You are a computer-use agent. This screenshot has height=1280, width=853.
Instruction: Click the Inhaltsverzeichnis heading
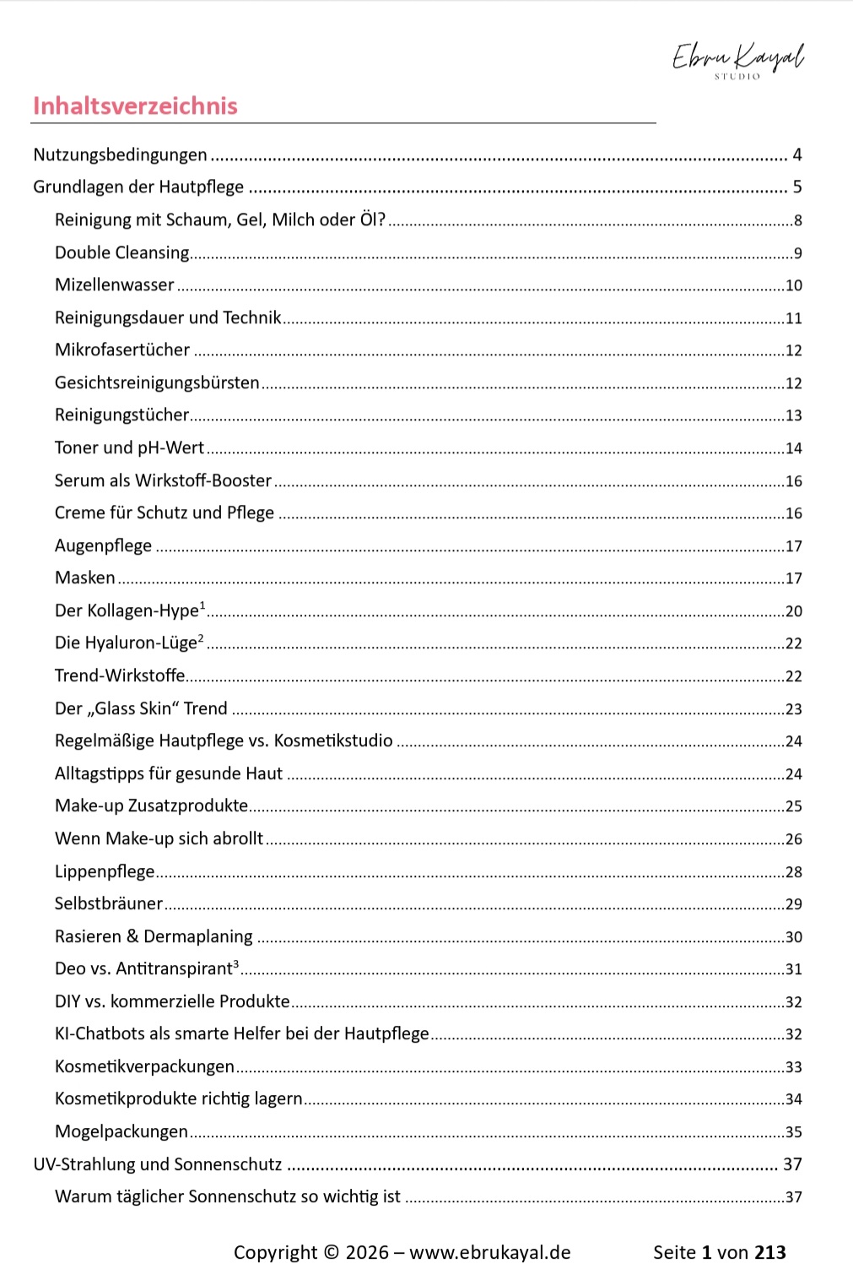pyautogui.click(x=135, y=106)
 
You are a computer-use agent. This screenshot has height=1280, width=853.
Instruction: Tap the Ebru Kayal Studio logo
pyautogui.click(x=737, y=60)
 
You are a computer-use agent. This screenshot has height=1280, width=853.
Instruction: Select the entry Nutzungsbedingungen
pyautogui.click(x=120, y=155)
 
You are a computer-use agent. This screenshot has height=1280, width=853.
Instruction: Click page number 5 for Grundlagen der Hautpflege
pyautogui.click(x=796, y=187)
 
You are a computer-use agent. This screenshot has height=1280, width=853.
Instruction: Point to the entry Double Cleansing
pyautogui.click(x=121, y=252)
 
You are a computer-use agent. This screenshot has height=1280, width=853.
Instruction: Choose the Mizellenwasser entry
pyautogui.click(x=114, y=285)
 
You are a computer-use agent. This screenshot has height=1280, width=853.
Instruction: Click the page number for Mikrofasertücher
pyautogui.click(x=793, y=350)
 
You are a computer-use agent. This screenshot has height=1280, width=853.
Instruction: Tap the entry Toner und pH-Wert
pyautogui.click(x=129, y=447)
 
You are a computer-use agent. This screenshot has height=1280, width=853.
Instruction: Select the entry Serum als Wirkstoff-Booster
pyautogui.click(x=163, y=480)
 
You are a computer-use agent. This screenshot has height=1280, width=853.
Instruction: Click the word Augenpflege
pyautogui.click(x=103, y=545)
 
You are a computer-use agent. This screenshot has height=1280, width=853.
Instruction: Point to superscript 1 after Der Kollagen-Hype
pyautogui.click(x=202, y=605)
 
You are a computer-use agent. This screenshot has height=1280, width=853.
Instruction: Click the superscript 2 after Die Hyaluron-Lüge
pyautogui.click(x=201, y=637)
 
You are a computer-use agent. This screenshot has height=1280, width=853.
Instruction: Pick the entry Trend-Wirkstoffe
pyautogui.click(x=120, y=675)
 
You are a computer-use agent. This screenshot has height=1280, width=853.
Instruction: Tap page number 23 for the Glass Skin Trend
pyautogui.click(x=793, y=709)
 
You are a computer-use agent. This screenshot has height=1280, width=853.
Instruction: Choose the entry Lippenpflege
pyautogui.click(x=105, y=871)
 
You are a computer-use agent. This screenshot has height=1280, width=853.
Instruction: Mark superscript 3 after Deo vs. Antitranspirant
pyautogui.click(x=235, y=963)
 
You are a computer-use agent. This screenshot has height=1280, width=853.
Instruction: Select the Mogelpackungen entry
pyautogui.click(x=121, y=1131)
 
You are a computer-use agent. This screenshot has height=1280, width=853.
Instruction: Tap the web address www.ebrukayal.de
pyautogui.click(x=489, y=1252)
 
